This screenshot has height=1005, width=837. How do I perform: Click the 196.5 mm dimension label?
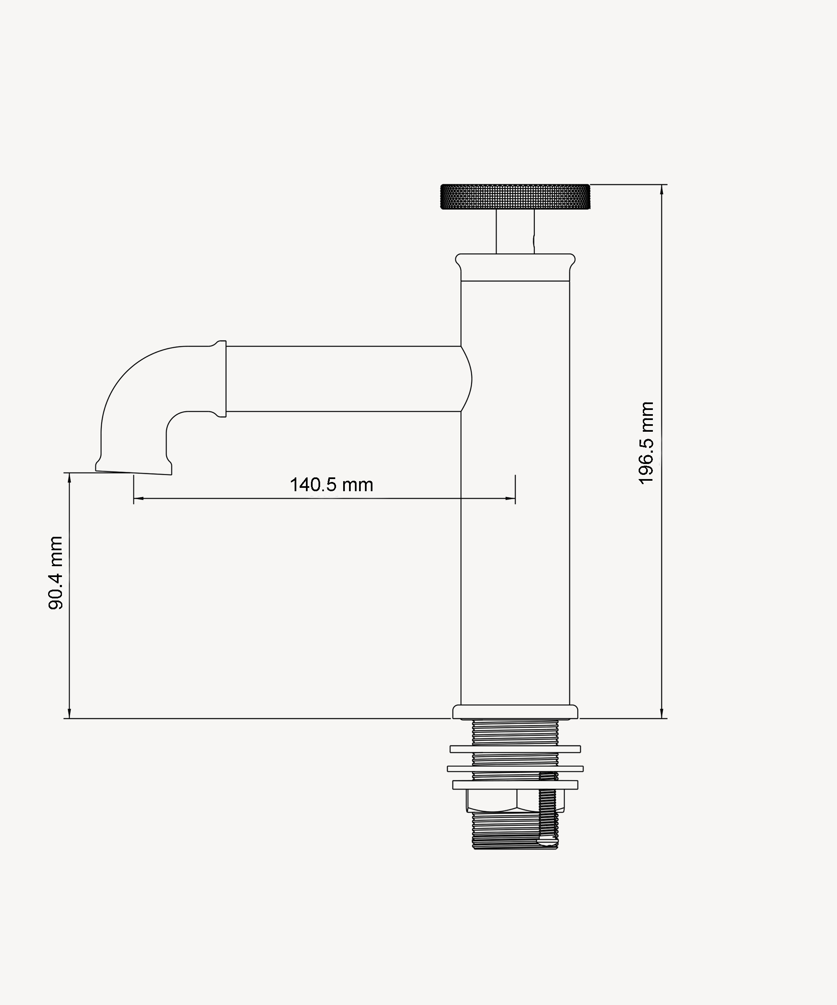pos(646,443)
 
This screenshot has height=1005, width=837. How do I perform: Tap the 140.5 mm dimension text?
pos(331,485)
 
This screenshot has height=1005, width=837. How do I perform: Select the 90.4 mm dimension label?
pos(56,573)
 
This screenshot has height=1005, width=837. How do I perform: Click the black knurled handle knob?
pos(515,197)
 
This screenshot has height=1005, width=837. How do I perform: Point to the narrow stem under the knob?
pos(515,232)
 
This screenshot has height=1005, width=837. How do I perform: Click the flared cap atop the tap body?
pos(515,267)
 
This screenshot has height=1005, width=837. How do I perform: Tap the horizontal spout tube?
pos(344,379)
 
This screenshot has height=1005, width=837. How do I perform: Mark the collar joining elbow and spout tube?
pos(221,379)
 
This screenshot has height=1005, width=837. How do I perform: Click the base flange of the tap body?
pos(515,712)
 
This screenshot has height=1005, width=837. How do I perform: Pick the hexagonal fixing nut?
pos(515,801)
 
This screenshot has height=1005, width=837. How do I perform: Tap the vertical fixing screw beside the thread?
pos(548,808)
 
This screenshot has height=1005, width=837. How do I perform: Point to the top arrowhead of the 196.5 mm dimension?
pos(662,189)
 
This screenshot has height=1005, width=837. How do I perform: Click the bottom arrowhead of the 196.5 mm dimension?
pos(662,713)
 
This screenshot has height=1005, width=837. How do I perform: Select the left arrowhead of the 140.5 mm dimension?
pos(139,498)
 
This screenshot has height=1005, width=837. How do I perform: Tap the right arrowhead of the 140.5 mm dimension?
pos(510,498)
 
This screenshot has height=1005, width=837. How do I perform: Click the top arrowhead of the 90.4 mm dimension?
pos(69,478)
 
